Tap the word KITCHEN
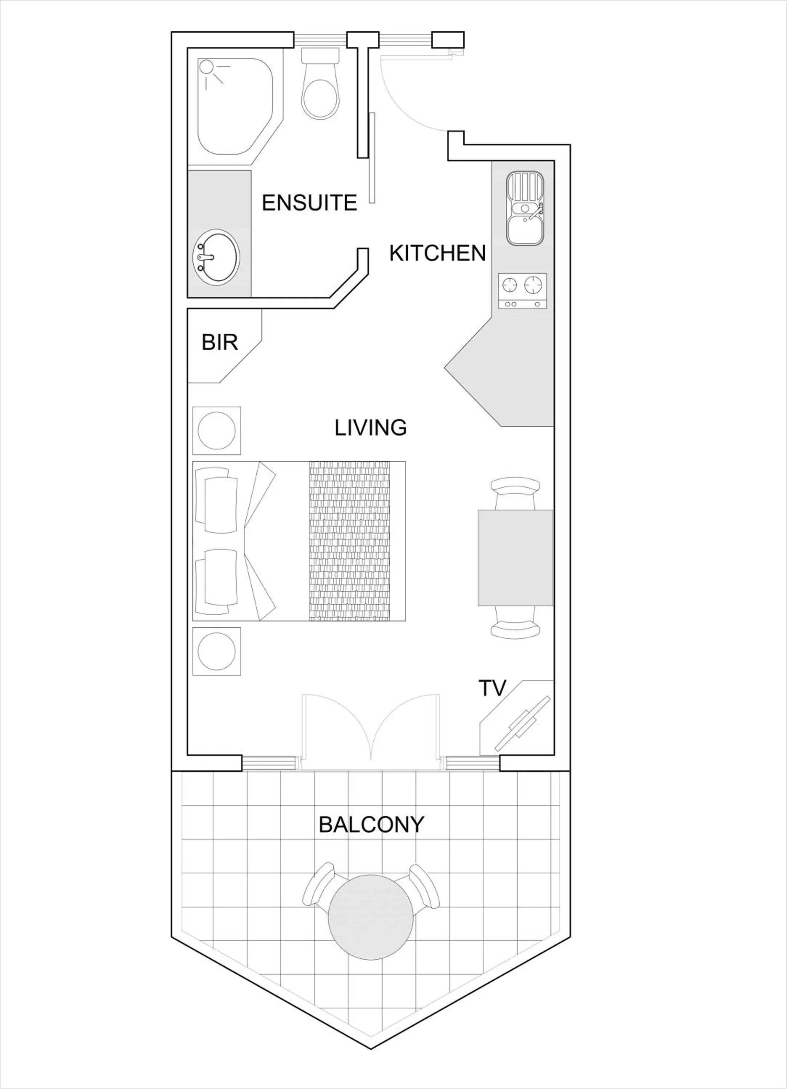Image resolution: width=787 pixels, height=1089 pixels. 437,253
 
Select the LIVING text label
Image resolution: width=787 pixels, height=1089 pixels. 370,427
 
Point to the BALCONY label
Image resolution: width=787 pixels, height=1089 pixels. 371,824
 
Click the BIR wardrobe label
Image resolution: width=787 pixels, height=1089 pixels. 220,342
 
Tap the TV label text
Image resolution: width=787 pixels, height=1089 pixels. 493,688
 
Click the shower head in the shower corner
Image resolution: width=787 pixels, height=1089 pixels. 207,67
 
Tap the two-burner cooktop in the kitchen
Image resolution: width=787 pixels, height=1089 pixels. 522,290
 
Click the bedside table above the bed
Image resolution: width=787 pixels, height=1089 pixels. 217,431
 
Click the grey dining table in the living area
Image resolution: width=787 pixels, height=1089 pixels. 515,558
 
